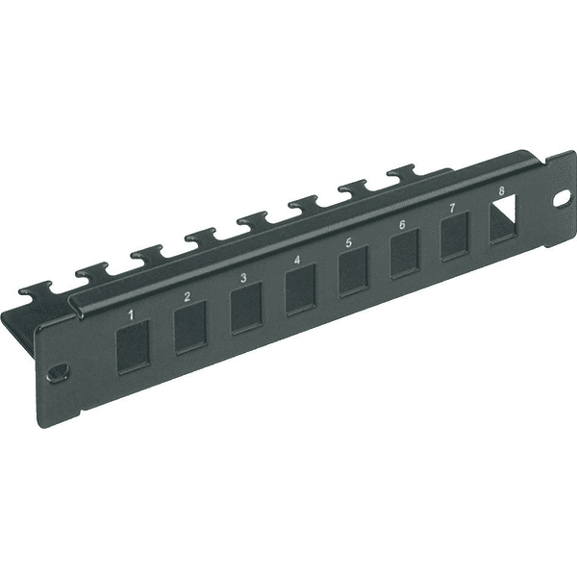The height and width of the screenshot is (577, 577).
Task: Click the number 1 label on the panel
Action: click(x=131, y=314)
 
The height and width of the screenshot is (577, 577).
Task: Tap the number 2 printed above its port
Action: click(x=187, y=296)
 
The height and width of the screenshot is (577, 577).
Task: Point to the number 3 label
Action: click(x=243, y=278)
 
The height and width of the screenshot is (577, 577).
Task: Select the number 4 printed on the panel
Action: click(x=297, y=260)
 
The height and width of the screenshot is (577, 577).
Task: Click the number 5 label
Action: click(x=349, y=242)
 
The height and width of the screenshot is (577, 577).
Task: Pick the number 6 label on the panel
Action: click(x=402, y=224)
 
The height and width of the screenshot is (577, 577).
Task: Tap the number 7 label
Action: click(x=452, y=208)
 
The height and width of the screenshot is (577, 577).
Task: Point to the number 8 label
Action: click(x=501, y=191)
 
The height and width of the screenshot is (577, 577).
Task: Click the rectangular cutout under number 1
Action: click(x=134, y=347)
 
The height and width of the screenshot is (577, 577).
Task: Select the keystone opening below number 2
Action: click(x=190, y=328)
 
